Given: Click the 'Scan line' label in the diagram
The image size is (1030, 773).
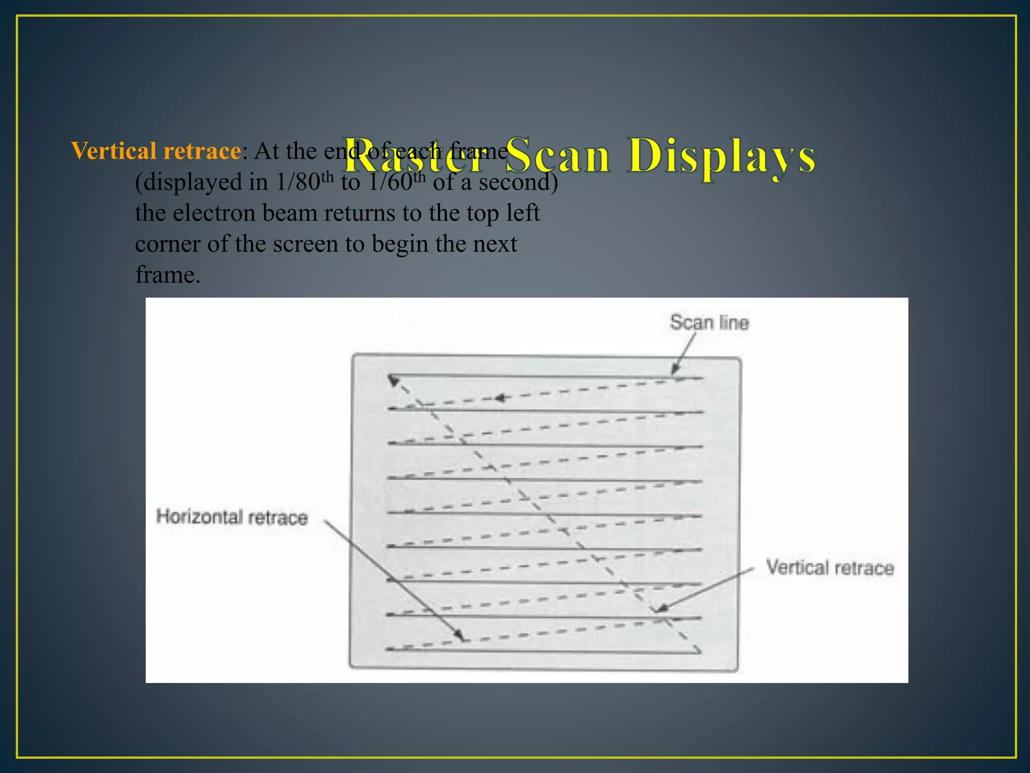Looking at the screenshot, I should click(x=709, y=323).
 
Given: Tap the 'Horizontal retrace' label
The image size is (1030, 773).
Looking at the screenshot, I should click(x=232, y=517).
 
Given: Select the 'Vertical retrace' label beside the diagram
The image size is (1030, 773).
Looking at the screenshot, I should click(x=830, y=568).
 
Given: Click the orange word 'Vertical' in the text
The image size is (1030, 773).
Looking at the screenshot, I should click(x=114, y=151).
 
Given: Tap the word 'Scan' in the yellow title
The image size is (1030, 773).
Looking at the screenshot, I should click(x=559, y=157).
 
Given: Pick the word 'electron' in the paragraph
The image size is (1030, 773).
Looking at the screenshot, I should click(x=214, y=213).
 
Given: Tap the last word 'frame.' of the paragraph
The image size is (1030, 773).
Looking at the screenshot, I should click(x=167, y=275).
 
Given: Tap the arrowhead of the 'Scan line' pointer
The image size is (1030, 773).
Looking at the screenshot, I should click(x=675, y=371).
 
